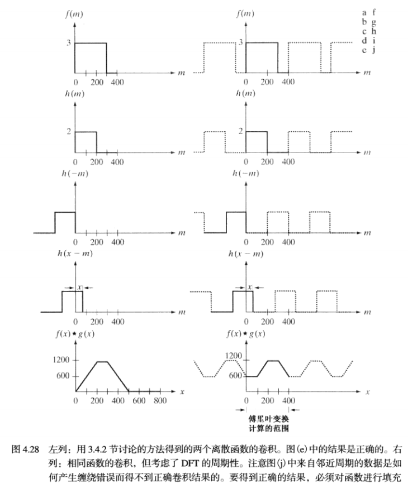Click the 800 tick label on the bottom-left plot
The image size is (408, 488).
pyautogui.click(x=160, y=401)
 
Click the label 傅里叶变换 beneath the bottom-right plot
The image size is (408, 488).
pyautogui.click(x=267, y=418)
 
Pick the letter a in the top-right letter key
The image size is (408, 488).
pyautogui.click(x=364, y=12)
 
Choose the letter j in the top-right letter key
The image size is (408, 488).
pyautogui.click(x=373, y=51)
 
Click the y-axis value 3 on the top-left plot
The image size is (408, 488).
pyautogui.click(x=69, y=42)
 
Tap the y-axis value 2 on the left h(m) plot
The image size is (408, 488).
pyautogui.click(x=69, y=132)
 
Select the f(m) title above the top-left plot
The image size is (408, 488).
pyautogui.click(x=74, y=13)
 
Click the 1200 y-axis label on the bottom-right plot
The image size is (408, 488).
pyautogui.click(x=233, y=356)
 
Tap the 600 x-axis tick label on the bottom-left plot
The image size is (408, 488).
pyautogui.click(x=139, y=401)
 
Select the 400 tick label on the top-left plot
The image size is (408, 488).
pyautogui.click(x=117, y=82)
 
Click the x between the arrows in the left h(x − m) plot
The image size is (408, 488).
pyautogui.click(x=79, y=287)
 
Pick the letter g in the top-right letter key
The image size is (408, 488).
pyautogui.click(x=373, y=23)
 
